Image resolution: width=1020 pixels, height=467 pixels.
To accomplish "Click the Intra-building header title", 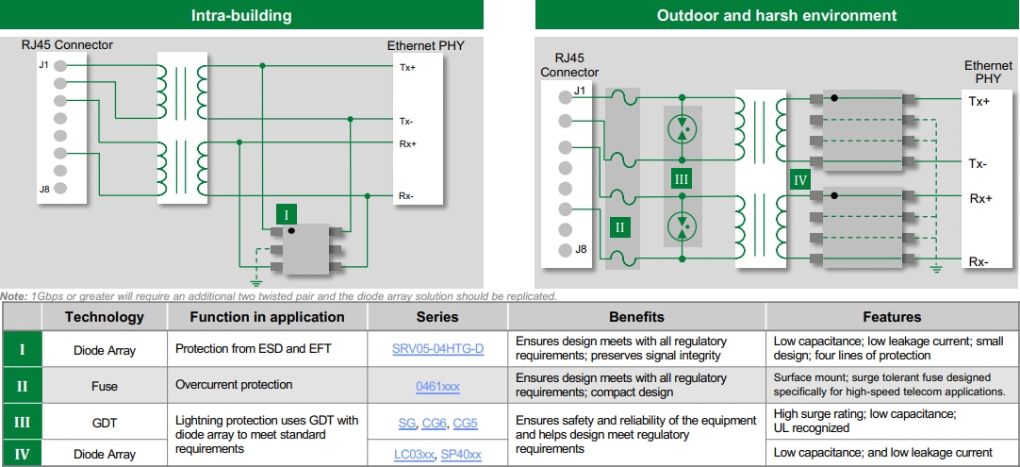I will click(241, 15).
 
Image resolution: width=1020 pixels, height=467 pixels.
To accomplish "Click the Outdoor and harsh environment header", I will click(777, 15).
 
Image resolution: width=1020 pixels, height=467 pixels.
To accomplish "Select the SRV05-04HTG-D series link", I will click(437, 349).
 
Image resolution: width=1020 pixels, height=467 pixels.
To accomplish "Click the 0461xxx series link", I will click(437, 386).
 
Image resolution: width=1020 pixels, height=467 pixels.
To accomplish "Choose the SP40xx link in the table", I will click(462, 455).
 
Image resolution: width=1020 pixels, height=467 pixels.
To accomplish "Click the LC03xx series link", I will click(415, 455).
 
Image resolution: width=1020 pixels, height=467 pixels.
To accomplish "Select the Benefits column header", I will click(636, 317).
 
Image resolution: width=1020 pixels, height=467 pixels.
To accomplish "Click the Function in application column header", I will click(267, 317).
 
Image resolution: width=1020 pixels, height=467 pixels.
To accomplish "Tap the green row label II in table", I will click(22, 386).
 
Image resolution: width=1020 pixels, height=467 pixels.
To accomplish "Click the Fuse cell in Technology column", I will click(104, 386).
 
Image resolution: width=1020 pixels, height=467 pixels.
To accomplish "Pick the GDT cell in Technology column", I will click(104, 423).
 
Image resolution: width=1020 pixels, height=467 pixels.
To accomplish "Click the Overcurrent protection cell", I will click(234, 385).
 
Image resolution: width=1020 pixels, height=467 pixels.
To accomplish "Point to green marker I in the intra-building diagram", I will click(286, 214).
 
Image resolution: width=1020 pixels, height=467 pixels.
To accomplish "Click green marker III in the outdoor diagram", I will click(681, 177).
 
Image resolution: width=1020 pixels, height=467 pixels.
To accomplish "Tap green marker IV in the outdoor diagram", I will click(800, 179).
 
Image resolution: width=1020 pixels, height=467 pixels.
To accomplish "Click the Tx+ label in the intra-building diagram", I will click(406, 67).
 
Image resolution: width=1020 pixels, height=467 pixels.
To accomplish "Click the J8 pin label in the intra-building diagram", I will click(44, 189).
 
